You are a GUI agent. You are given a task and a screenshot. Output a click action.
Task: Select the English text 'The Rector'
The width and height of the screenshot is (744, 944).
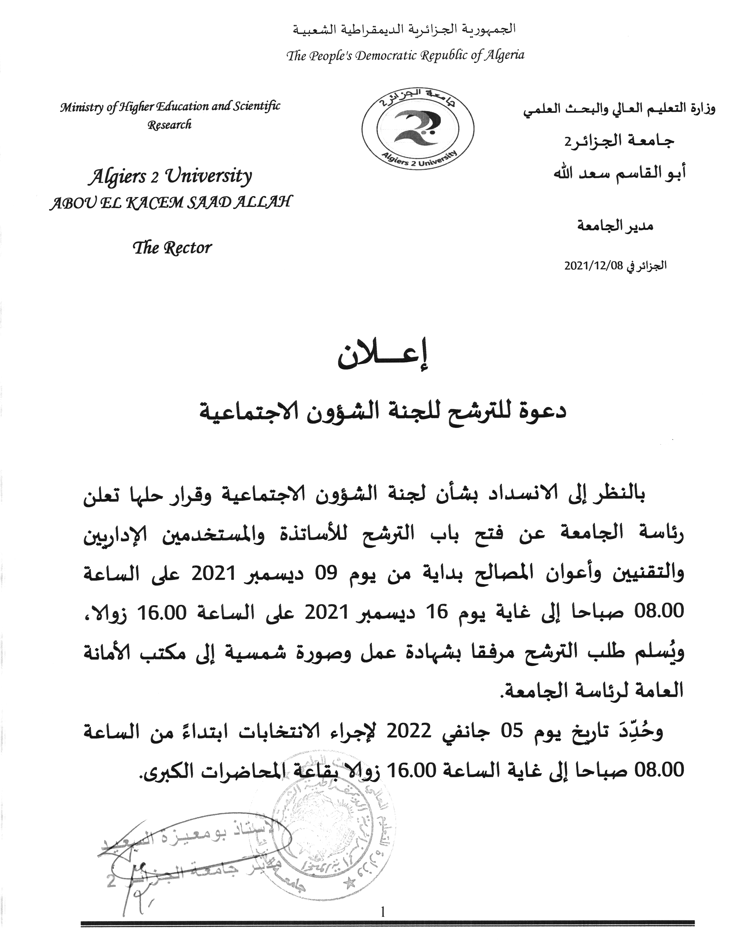point(173,248)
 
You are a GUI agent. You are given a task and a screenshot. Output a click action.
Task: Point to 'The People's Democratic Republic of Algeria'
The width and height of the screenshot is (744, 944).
point(405,55)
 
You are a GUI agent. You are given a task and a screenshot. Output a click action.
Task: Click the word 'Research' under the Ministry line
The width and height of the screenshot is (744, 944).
point(170,125)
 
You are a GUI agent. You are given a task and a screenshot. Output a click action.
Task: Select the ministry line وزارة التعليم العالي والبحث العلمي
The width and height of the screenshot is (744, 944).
point(618,108)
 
